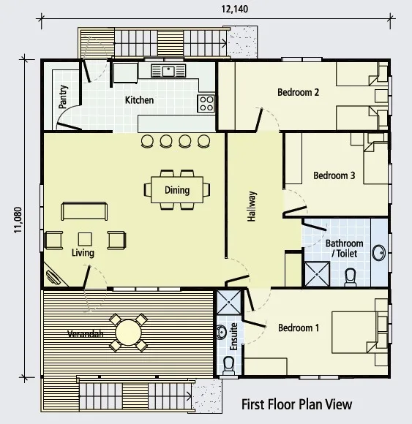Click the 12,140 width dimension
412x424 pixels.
pos(234,9)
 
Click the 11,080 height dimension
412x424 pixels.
pos(18,220)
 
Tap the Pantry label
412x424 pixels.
pos(63,96)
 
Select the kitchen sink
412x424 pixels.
pos(168,71)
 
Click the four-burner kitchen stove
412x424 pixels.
pos(206,104)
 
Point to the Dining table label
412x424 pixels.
pos(177,190)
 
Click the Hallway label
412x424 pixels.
pos(252,206)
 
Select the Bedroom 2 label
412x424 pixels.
pos(298,92)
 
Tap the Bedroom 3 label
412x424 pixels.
pos(334,175)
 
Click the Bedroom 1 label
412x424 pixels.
pos(299,328)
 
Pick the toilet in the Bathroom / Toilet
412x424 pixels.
pos(351,278)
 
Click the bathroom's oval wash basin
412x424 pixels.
pos(379,252)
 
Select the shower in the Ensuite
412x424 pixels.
pos(229,302)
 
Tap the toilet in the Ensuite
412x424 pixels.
pos(228,366)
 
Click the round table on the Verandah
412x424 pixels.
pos(129,333)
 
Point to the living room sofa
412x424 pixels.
pos(84,211)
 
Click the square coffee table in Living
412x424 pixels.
pos(85,239)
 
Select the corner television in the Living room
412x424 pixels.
pos(53,277)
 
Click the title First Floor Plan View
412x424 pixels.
pos(296,404)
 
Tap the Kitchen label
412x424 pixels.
pos(139,100)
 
